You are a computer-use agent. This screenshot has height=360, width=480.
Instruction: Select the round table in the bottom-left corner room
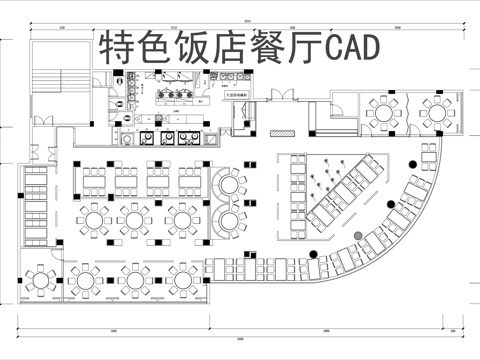pos(42,277)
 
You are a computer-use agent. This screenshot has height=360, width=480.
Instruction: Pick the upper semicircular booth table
pos(228,184)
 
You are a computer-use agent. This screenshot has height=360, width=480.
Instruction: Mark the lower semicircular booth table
pos(228,220)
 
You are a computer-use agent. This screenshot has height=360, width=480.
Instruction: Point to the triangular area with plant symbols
pos(325,180)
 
